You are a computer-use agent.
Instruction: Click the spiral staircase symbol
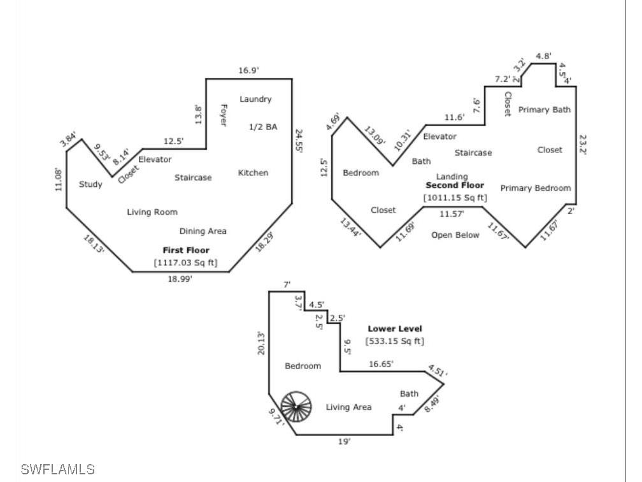[297, 407]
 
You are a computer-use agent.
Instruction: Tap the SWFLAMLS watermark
[57, 470]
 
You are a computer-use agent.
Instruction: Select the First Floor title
[186, 251]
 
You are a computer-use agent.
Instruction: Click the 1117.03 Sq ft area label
[185, 262]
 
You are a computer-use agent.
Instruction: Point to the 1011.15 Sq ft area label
[455, 198]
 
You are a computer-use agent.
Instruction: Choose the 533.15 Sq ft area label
[394, 341]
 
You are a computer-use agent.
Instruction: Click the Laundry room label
[255, 99]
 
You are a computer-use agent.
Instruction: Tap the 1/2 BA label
[263, 127]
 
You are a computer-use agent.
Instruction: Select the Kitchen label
[253, 173]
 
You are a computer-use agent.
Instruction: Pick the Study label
[90, 184]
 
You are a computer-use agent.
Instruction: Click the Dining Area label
[203, 231]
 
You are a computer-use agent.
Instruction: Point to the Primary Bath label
[545, 110]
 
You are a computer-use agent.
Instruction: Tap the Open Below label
[455, 235]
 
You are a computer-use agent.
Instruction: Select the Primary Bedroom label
[536, 188]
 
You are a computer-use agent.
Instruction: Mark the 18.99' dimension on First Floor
[179, 279]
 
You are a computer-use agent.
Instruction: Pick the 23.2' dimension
[583, 144]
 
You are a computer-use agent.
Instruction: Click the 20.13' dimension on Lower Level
[261, 342]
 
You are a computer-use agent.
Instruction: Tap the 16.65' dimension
[382, 364]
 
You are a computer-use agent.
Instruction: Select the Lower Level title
[395, 329]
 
